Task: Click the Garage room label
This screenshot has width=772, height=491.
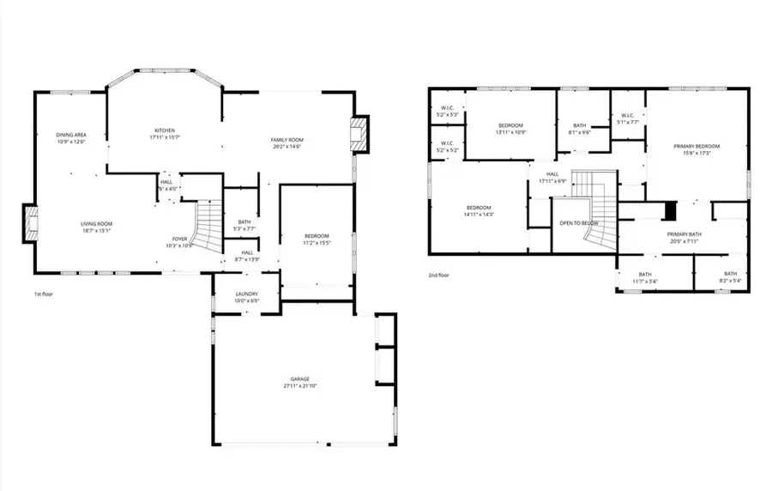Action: [299, 382]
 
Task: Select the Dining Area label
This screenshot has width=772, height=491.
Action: [71, 138]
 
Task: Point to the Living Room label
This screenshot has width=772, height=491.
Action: [96, 227]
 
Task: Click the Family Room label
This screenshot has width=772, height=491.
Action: [287, 143]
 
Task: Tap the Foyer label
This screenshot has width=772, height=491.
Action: [180, 242]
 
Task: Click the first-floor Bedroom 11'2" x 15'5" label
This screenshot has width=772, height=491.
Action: [317, 239]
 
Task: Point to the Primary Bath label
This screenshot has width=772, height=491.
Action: [685, 237]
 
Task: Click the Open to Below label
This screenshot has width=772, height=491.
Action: [578, 223]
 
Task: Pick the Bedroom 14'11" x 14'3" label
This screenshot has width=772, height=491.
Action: [479, 211]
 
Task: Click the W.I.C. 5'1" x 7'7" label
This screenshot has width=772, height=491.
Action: [627, 119]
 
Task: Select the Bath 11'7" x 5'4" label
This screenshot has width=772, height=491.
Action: [645, 277]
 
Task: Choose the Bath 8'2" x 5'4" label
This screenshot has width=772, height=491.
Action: [730, 277]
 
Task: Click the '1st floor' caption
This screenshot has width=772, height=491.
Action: [45, 294]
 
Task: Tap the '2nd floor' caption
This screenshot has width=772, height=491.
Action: [439, 276]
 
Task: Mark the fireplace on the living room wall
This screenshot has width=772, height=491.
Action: [29, 225]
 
